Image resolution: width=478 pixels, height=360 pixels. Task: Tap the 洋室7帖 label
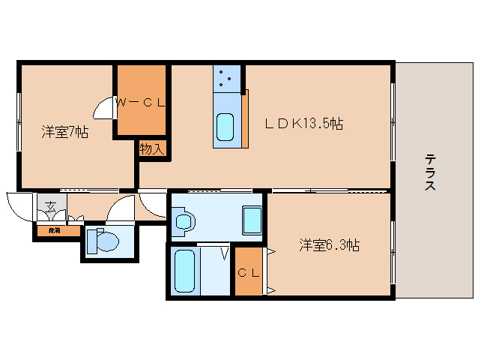pyautogui.click(x=65, y=133)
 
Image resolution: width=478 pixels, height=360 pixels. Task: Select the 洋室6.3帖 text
pyautogui.click(x=330, y=244)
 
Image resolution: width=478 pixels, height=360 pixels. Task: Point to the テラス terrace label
pyautogui.click(x=430, y=172)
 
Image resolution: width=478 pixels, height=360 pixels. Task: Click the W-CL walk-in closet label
pyautogui.click(x=139, y=103)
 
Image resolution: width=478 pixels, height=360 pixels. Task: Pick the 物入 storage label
pyautogui.click(x=152, y=149)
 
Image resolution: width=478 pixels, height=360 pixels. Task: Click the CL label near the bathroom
pyautogui.click(x=248, y=273)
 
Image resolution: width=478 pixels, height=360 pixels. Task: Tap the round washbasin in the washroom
pyautogui.click(x=184, y=222)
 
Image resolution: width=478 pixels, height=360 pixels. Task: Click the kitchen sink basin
pyautogui.click(x=226, y=126)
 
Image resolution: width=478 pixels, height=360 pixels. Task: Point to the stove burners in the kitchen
pyautogui.click(x=227, y=78)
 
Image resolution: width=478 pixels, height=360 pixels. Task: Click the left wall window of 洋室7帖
pyautogui.click(x=19, y=115)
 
